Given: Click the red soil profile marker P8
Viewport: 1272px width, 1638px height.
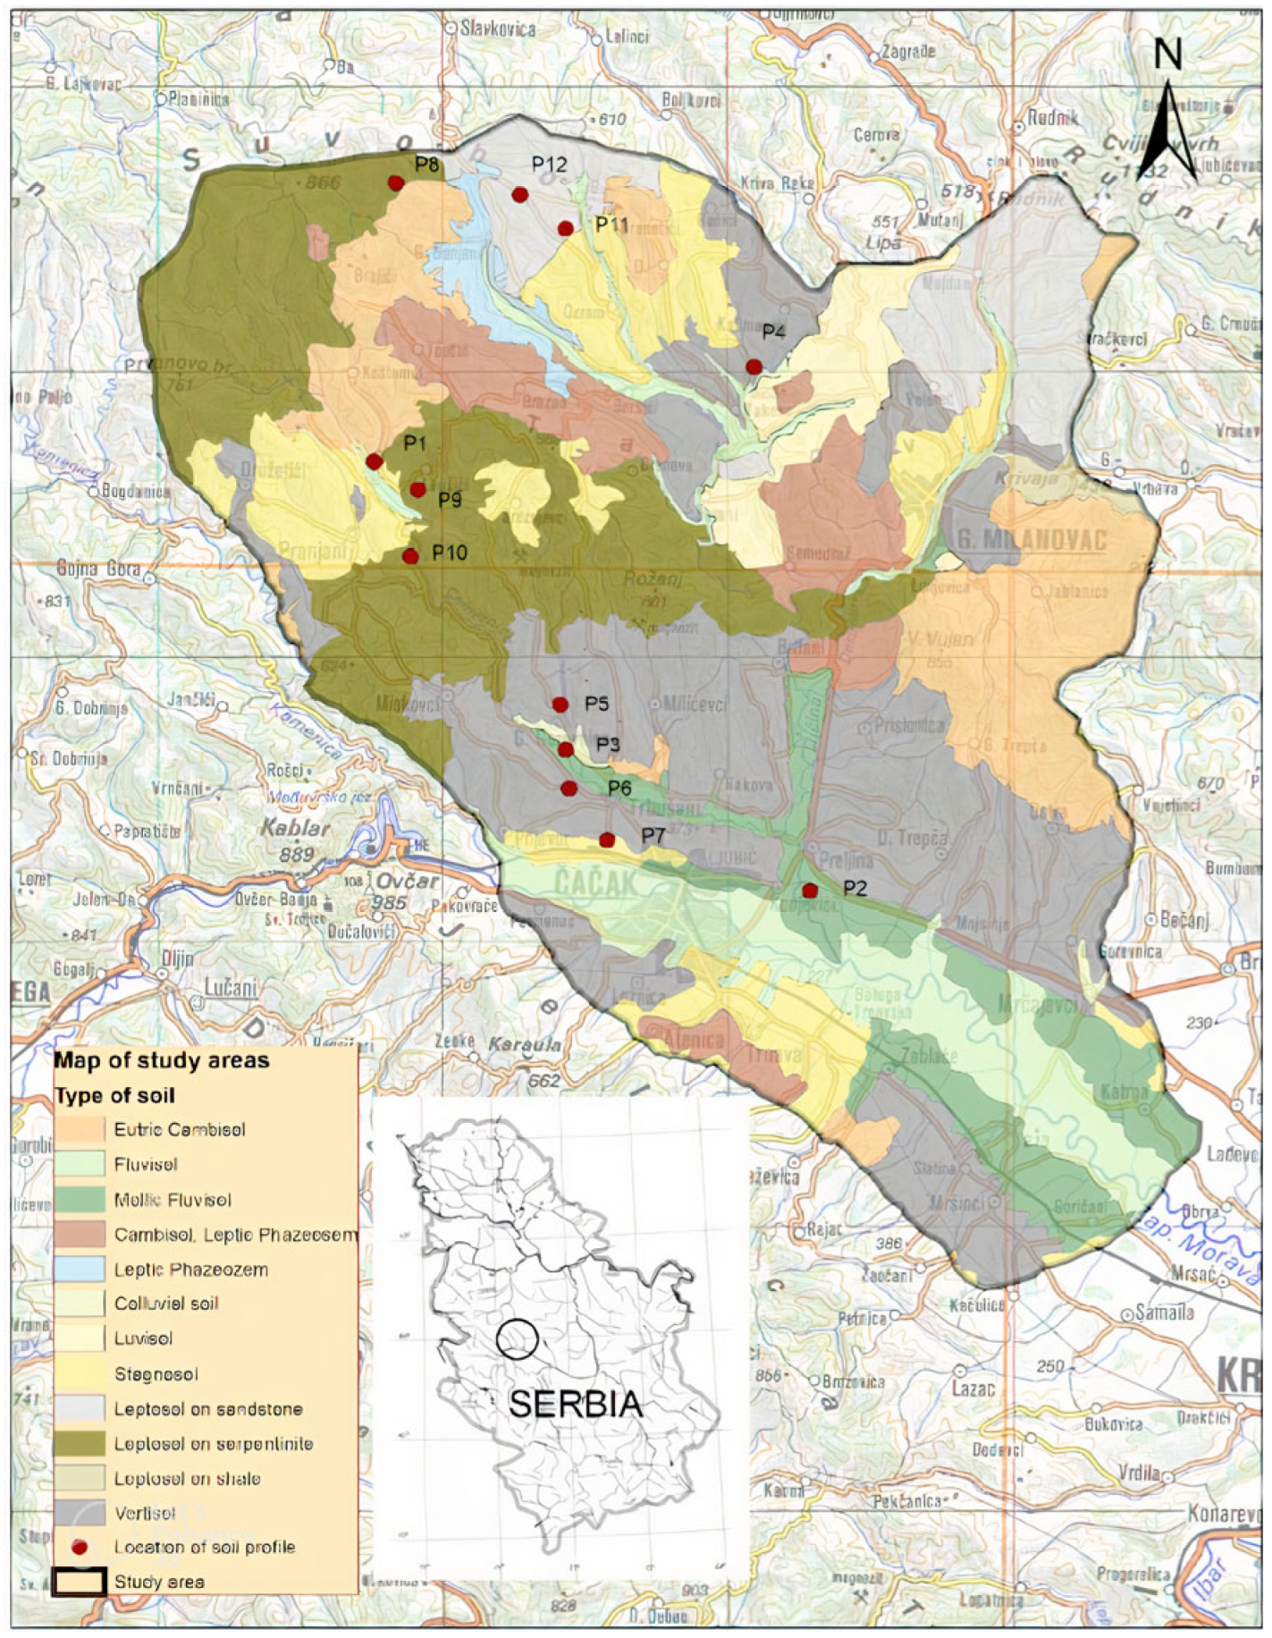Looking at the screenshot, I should pyautogui.click(x=395, y=182).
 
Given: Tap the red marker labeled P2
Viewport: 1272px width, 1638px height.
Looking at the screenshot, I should pyautogui.click(x=810, y=891).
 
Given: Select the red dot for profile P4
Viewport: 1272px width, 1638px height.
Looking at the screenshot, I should pyautogui.click(x=754, y=367).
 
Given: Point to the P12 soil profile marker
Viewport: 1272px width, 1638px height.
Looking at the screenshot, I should pyautogui.click(x=519, y=195).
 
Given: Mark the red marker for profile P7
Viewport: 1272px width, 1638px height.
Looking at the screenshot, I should pyautogui.click(x=607, y=840).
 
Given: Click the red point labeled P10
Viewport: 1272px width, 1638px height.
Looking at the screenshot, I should pyautogui.click(x=410, y=556).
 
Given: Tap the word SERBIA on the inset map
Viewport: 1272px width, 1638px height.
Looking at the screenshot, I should pyautogui.click(x=576, y=1403).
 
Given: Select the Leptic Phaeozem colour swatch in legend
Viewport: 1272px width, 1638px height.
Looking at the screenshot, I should pyautogui.click(x=80, y=1270).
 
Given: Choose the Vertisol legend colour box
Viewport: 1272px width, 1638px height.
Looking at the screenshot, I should pyautogui.click(x=80, y=1513).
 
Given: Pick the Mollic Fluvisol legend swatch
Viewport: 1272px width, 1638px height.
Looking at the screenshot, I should pyautogui.click(x=80, y=1200).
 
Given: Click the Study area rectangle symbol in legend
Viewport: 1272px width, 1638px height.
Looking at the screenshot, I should pyautogui.click(x=80, y=1582).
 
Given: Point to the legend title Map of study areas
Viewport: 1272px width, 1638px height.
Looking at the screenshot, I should pyautogui.click(x=161, y=1061).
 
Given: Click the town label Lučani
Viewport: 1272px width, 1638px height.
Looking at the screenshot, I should pyautogui.click(x=231, y=987).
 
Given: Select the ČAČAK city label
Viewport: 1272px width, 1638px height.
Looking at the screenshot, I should pyautogui.click(x=596, y=883).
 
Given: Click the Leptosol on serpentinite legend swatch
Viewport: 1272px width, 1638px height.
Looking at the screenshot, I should pyautogui.click(x=80, y=1443).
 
